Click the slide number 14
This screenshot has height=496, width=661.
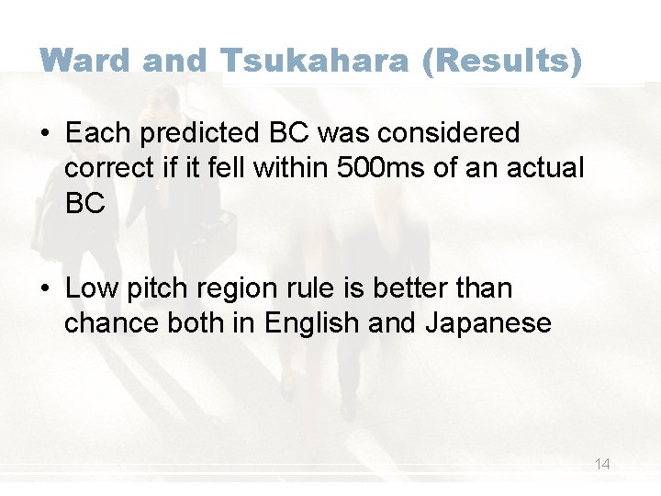tap(602, 465)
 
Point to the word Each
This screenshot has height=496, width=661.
tap(95, 134)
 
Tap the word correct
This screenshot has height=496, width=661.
tap(108, 168)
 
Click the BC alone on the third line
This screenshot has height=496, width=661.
tap(85, 203)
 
